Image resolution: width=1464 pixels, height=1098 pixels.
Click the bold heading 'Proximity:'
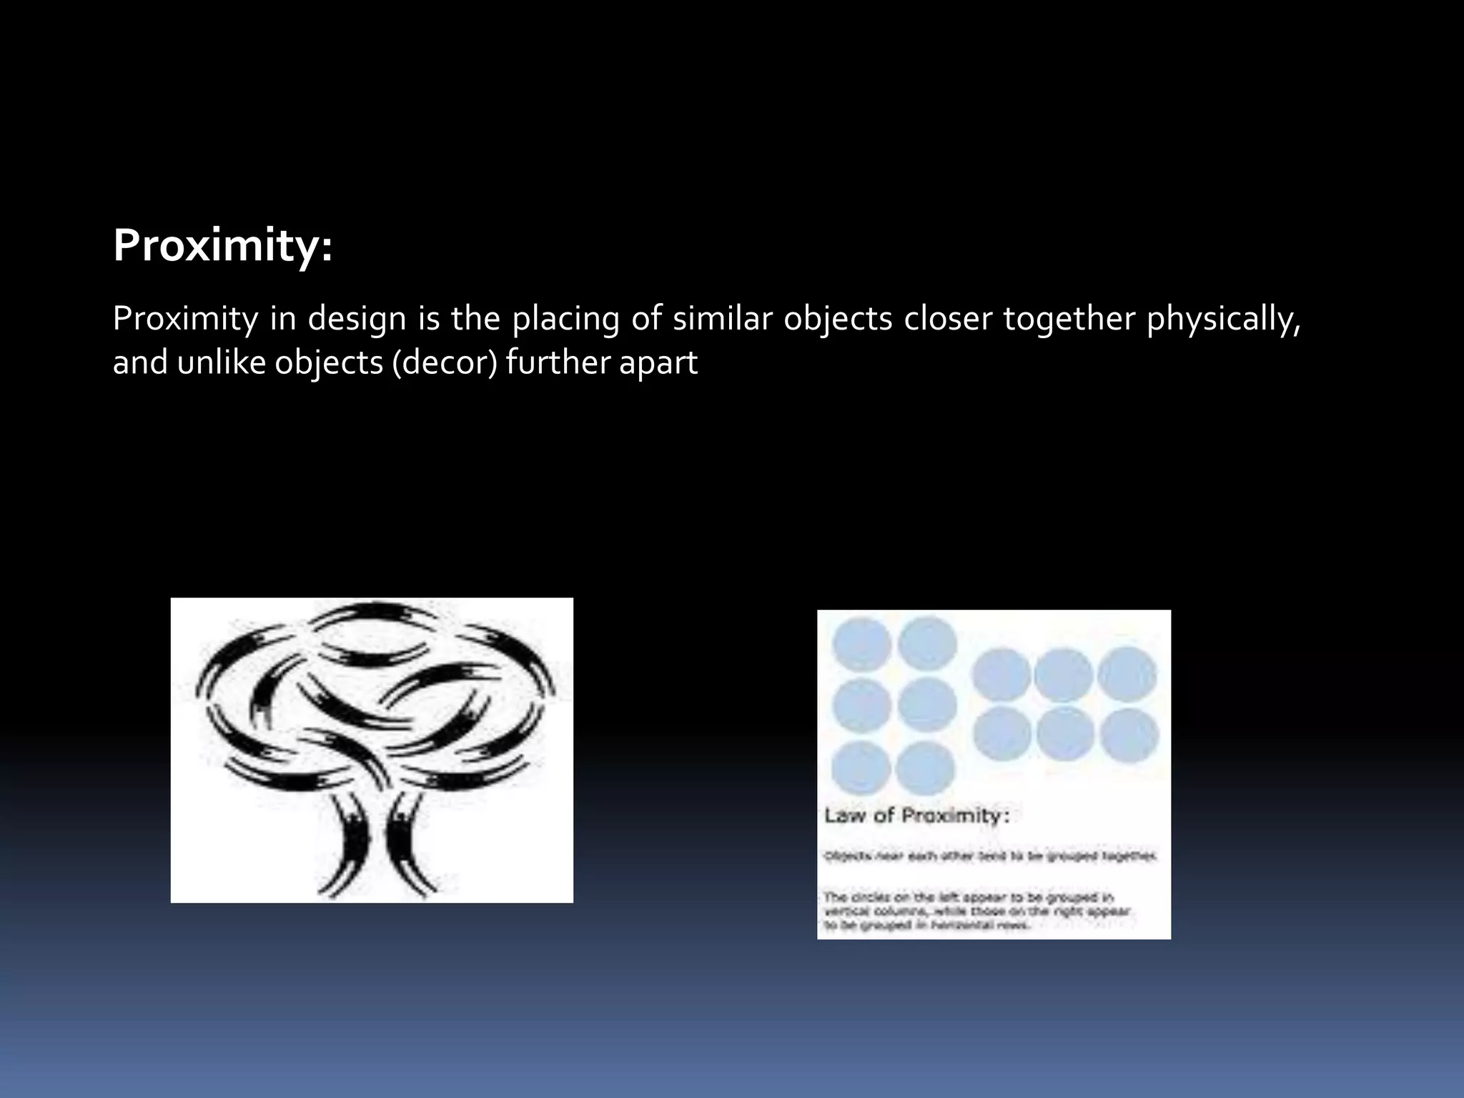(x=222, y=247)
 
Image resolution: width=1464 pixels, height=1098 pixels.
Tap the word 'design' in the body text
(x=357, y=319)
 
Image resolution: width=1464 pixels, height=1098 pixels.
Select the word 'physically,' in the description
(x=1223, y=319)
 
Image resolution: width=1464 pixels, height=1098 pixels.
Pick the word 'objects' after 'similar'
(x=838, y=319)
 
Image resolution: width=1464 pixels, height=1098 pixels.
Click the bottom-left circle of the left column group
(x=861, y=769)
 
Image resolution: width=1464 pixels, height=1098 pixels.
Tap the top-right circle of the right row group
(x=1127, y=674)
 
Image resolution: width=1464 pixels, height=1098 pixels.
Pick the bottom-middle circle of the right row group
(x=1065, y=735)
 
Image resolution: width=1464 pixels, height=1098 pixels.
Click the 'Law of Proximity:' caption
(x=917, y=816)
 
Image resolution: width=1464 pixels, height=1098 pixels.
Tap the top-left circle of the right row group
(x=1001, y=674)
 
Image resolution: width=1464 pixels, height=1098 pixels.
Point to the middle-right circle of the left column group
(x=927, y=706)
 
